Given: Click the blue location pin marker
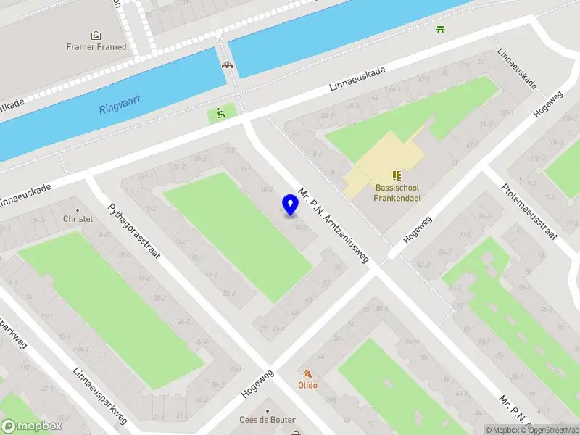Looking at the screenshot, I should [291, 205].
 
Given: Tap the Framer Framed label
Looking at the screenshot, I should [96, 47].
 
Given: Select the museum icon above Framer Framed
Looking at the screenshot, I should [96, 35].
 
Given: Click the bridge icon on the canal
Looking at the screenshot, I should [227, 65].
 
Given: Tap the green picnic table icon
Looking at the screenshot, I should [441, 29].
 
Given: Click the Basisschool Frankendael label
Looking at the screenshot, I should [397, 192].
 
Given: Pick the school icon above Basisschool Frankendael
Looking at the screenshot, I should [397, 175].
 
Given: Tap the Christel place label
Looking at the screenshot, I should [78, 218].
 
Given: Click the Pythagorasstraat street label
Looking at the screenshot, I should [135, 232].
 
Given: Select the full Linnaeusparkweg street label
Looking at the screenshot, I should [101, 396].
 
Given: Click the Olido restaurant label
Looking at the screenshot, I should [308, 385].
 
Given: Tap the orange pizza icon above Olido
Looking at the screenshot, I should [308, 373].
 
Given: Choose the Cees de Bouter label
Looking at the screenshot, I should [268, 420].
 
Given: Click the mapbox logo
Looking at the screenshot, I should [32, 426].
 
